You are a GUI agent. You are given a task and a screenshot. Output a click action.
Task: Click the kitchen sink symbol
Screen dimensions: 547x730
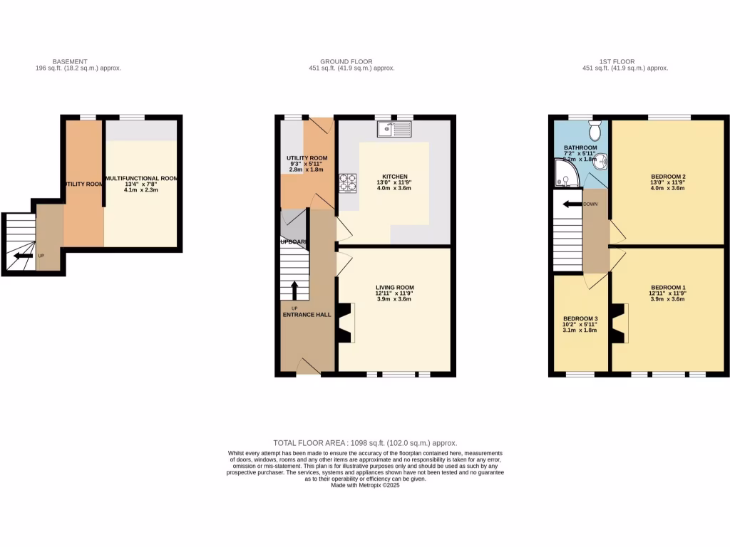395,129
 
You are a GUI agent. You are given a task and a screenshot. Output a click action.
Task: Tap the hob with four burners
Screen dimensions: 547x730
347,183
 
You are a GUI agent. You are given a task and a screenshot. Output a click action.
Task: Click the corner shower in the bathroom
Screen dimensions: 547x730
565,173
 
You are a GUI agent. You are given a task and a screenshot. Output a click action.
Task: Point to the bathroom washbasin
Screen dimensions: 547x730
603,162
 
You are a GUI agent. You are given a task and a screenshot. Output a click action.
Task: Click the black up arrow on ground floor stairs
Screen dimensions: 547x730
294,289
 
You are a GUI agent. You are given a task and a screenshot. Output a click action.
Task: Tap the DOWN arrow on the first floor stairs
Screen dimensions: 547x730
572,204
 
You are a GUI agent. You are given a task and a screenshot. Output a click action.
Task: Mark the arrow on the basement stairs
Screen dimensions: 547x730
24,255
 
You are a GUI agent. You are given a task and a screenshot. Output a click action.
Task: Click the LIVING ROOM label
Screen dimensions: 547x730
395,288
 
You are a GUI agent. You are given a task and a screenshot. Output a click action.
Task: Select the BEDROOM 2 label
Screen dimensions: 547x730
668,176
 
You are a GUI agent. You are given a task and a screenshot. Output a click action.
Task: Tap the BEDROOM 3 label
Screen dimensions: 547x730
580,318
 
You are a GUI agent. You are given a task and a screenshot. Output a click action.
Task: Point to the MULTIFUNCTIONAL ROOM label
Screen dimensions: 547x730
140,178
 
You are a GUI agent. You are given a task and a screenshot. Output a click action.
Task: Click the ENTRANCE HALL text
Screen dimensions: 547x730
306,314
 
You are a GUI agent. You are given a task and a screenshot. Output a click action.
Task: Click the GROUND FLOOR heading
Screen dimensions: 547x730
346,62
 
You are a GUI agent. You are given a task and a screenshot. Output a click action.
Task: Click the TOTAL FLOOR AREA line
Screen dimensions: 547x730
365,442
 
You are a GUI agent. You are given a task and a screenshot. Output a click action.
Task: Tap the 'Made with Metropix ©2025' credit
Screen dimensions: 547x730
365,485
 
